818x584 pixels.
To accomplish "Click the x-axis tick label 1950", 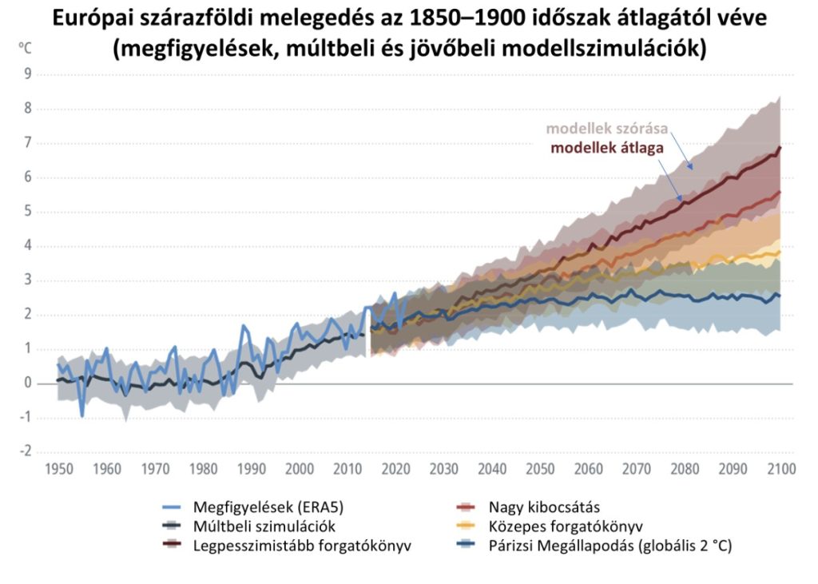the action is pyautogui.click(x=59, y=469).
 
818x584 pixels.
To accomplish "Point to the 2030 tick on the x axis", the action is pyautogui.click(x=444, y=469).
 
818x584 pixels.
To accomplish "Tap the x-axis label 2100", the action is pyautogui.click(x=781, y=469).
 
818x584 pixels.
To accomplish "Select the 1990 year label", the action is pyautogui.click(x=252, y=469).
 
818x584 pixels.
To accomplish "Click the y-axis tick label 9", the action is pyautogui.click(x=27, y=74).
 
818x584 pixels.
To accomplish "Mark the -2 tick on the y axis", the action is pyautogui.click(x=25, y=451).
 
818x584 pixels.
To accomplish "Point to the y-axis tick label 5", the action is pyautogui.click(x=27, y=212).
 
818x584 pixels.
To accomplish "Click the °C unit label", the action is pyautogui.click(x=25, y=48).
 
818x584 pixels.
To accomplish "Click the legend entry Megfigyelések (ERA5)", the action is pyautogui.click(x=268, y=507).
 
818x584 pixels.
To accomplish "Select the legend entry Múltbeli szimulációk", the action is pyautogui.click(x=264, y=526).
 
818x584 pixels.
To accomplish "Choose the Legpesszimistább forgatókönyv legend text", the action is pyautogui.click(x=302, y=546).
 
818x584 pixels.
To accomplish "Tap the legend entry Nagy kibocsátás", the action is pyautogui.click(x=544, y=507).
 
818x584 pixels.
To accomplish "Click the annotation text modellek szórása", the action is pyautogui.click(x=607, y=129).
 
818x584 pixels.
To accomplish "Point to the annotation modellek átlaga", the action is pyautogui.click(x=607, y=148).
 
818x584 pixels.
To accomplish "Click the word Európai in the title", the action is pyautogui.click(x=90, y=19).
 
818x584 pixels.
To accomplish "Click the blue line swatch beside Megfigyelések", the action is pyautogui.click(x=171, y=507).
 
